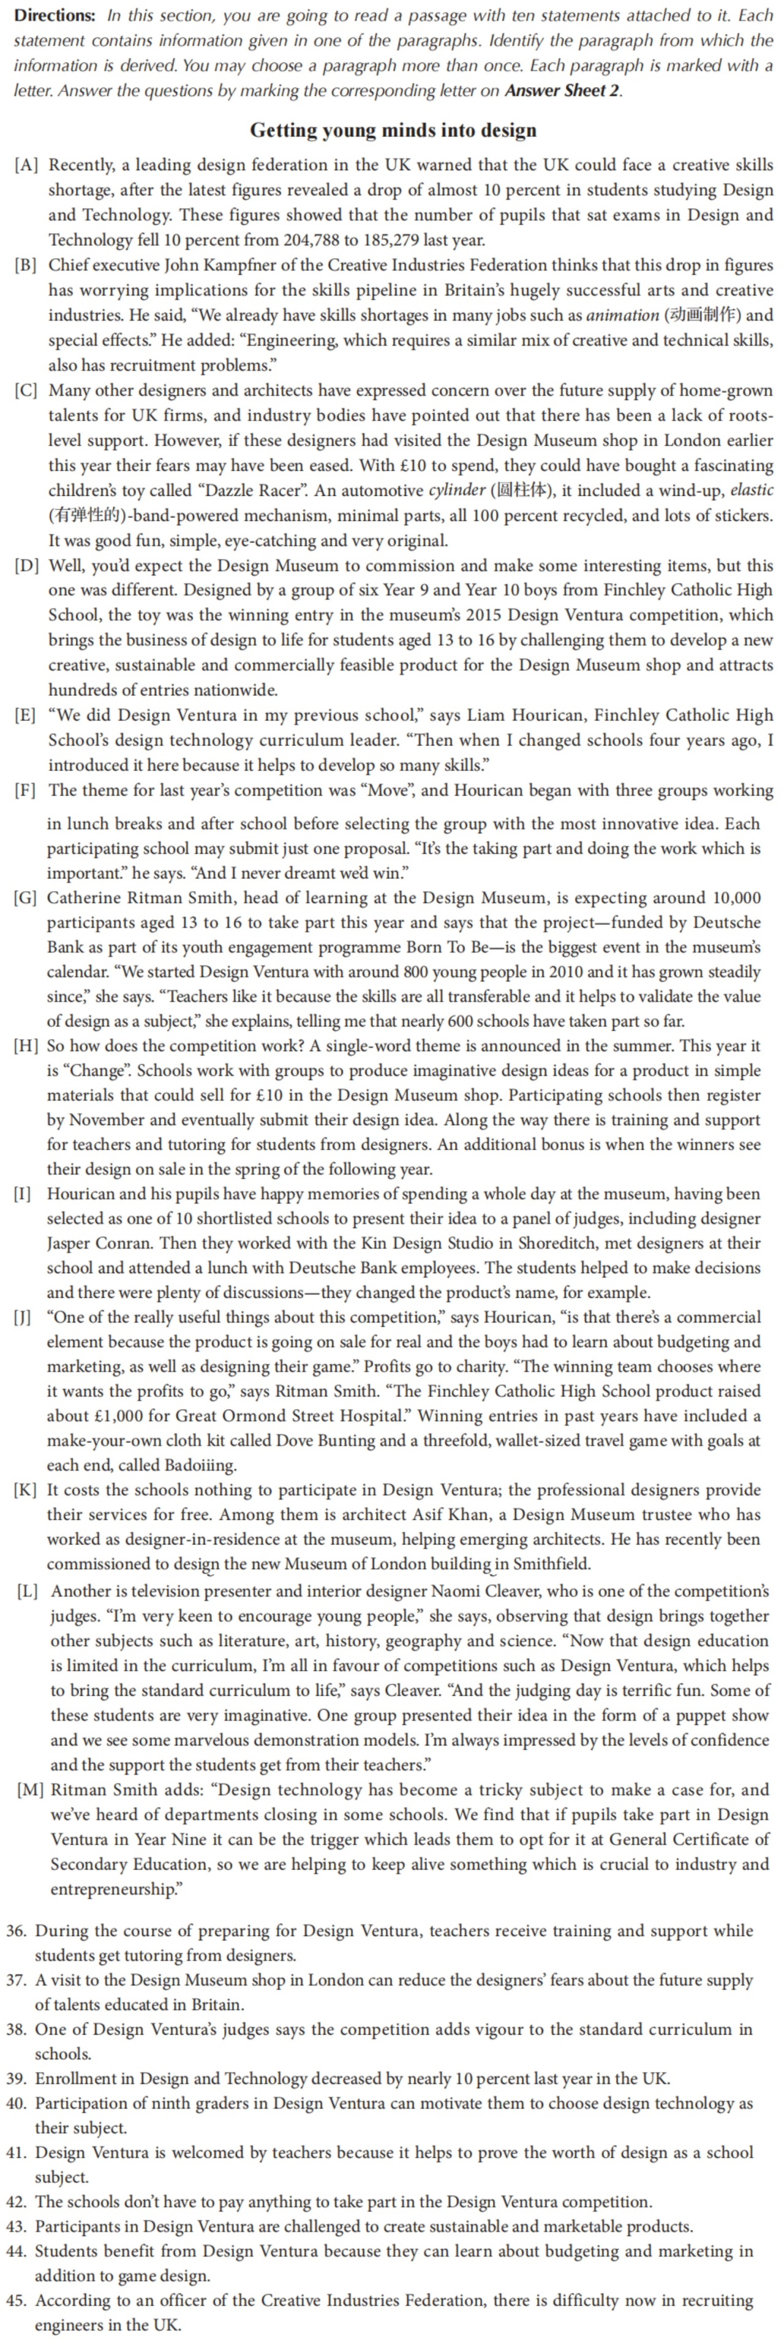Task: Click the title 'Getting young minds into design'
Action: [x=393, y=130]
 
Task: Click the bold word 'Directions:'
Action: [x=55, y=15]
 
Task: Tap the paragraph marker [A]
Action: [x=26, y=165]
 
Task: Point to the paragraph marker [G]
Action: [x=26, y=897]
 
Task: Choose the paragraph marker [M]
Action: [x=30, y=1790]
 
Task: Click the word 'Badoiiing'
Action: [x=200, y=1465]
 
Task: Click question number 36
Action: [x=17, y=1930]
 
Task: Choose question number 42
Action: [x=17, y=2201]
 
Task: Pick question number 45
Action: [x=17, y=2300]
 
